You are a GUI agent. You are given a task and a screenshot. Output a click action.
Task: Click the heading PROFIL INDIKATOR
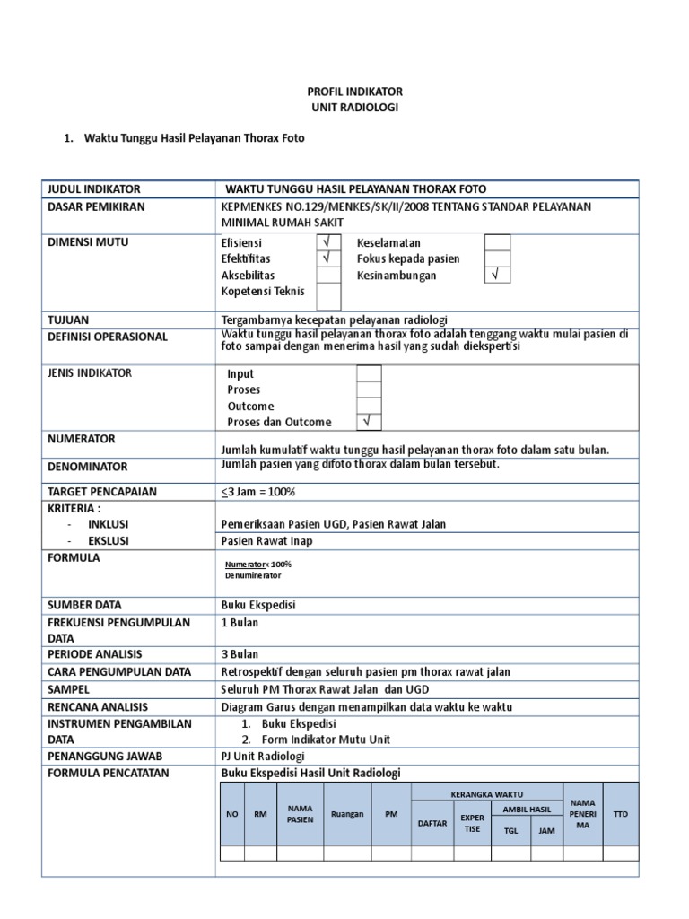(356, 92)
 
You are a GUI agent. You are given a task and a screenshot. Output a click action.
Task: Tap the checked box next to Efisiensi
(328, 242)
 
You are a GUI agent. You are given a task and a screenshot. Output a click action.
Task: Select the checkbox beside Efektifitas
(328, 258)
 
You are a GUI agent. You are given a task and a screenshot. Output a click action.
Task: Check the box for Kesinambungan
(497, 276)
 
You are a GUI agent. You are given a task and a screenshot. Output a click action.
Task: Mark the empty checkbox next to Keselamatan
(497, 242)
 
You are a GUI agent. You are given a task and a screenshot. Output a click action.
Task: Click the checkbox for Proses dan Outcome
(369, 422)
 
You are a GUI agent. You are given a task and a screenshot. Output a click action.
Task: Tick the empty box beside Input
(369, 373)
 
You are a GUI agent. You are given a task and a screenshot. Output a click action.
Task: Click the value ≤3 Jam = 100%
(258, 492)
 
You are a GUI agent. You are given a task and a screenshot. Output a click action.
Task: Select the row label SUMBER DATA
(85, 605)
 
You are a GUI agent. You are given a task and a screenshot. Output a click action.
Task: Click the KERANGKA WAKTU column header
(487, 794)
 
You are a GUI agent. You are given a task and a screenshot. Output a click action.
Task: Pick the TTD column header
(620, 814)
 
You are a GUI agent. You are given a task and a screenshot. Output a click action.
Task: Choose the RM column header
(260, 814)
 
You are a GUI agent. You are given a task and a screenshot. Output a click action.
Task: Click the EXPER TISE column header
(472, 823)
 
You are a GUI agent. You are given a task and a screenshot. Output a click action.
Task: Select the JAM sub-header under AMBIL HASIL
(545, 830)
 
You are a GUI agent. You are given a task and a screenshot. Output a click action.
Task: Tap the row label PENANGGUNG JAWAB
(99, 756)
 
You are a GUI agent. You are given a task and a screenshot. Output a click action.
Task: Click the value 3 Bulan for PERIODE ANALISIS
(240, 654)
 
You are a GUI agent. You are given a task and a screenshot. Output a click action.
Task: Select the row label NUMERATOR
(82, 439)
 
